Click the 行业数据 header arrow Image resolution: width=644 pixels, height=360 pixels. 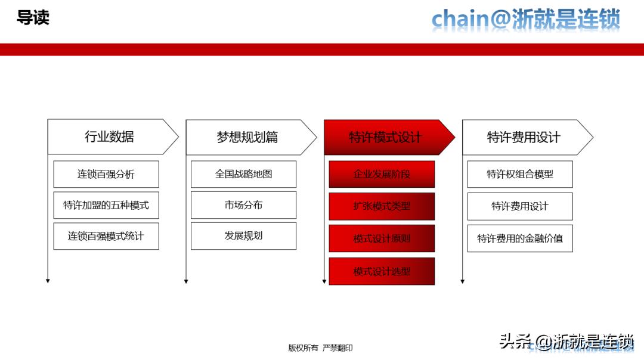coord(110,137)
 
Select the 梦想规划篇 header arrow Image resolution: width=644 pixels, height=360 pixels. coord(248,137)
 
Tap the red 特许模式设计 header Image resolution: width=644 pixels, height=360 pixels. coord(386,137)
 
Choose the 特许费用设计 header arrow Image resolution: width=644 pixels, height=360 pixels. coord(524,137)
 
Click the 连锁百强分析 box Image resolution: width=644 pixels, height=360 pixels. coord(106,174)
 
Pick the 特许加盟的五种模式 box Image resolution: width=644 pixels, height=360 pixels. coord(106,205)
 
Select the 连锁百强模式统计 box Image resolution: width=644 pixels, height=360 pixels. coord(106,236)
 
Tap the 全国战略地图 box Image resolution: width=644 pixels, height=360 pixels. coord(243,174)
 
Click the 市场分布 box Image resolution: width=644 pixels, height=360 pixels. coord(243,205)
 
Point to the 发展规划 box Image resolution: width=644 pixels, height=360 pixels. coord(243,236)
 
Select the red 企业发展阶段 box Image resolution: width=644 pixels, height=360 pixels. coord(382,174)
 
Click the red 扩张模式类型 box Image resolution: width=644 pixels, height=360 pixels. coord(382,206)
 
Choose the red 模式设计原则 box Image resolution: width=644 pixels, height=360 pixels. coord(382,238)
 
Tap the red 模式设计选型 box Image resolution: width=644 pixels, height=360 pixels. coord(382,271)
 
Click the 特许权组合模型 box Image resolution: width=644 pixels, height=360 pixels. coord(520,174)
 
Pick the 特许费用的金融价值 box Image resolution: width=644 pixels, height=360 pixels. coord(520,238)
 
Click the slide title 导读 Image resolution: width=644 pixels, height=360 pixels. coord(33,18)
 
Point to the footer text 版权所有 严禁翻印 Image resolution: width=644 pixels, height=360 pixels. coord(320,348)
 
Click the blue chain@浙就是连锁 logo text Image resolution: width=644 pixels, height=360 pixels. coord(526,19)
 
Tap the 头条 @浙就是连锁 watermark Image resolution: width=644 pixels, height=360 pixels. coord(566,342)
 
